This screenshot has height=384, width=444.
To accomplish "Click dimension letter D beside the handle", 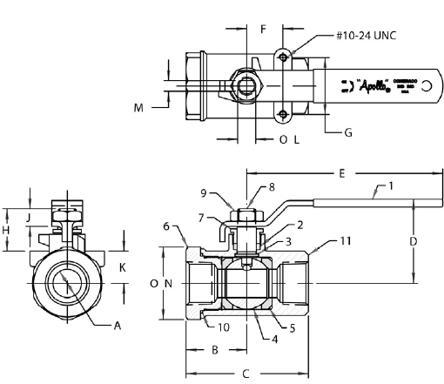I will tap(414, 240).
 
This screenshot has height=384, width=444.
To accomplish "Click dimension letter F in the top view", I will tap(263, 29).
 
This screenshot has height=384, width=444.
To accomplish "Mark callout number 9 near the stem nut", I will tap(205, 192).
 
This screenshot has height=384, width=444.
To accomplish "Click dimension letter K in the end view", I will tap(123, 267).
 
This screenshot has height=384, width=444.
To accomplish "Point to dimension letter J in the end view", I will tap(28, 216).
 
